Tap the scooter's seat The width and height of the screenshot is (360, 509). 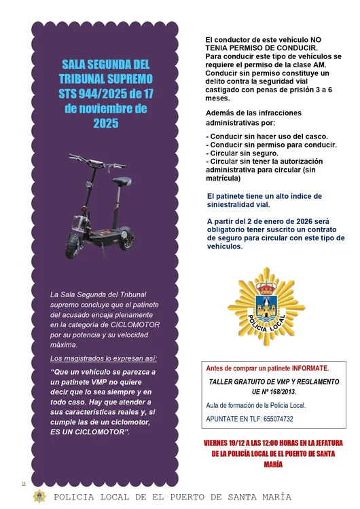click(x=122, y=181)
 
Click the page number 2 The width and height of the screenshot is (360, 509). click(x=23, y=483)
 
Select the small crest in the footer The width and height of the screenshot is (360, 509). click(x=39, y=496)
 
